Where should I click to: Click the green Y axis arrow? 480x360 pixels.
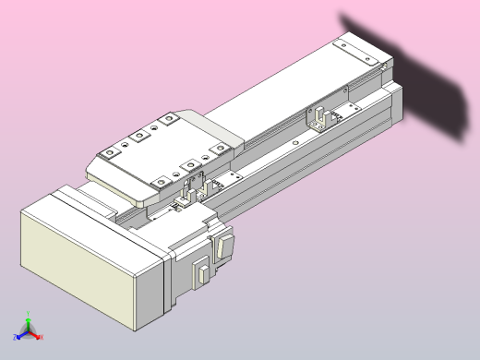[29, 323]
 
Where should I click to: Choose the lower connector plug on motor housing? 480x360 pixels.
[199, 273]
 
